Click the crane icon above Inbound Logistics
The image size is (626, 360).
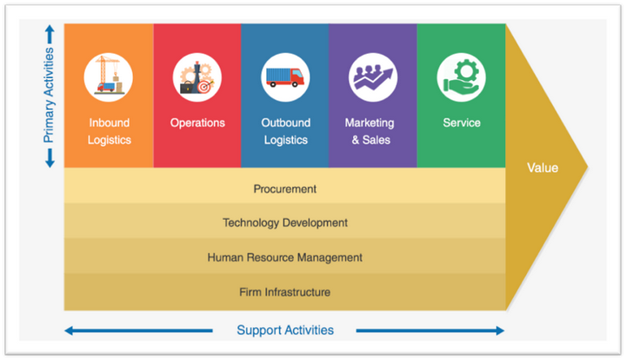tap(109, 76)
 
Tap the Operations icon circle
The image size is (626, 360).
tap(197, 76)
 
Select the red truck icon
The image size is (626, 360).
tap(285, 76)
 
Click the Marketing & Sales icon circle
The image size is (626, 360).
tap(373, 76)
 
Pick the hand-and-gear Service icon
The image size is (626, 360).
tap(462, 76)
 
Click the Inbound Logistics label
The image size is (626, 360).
tap(109, 130)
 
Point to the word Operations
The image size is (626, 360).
tap(197, 123)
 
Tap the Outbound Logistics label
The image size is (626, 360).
tap(285, 130)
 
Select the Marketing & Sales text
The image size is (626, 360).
tap(369, 130)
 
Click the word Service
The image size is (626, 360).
tap(462, 123)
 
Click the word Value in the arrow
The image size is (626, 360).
tap(543, 168)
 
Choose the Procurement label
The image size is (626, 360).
tap(285, 189)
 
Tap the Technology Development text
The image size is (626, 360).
tap(285, 223)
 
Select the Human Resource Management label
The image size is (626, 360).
tap(285, 257)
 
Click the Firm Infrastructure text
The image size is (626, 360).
tap(285, 292)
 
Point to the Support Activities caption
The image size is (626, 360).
tap(285, 330)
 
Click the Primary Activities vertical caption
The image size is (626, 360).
tap(49, 96)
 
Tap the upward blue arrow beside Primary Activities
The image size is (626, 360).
tap(49, 35)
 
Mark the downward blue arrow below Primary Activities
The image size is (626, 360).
tap(49, 157)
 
